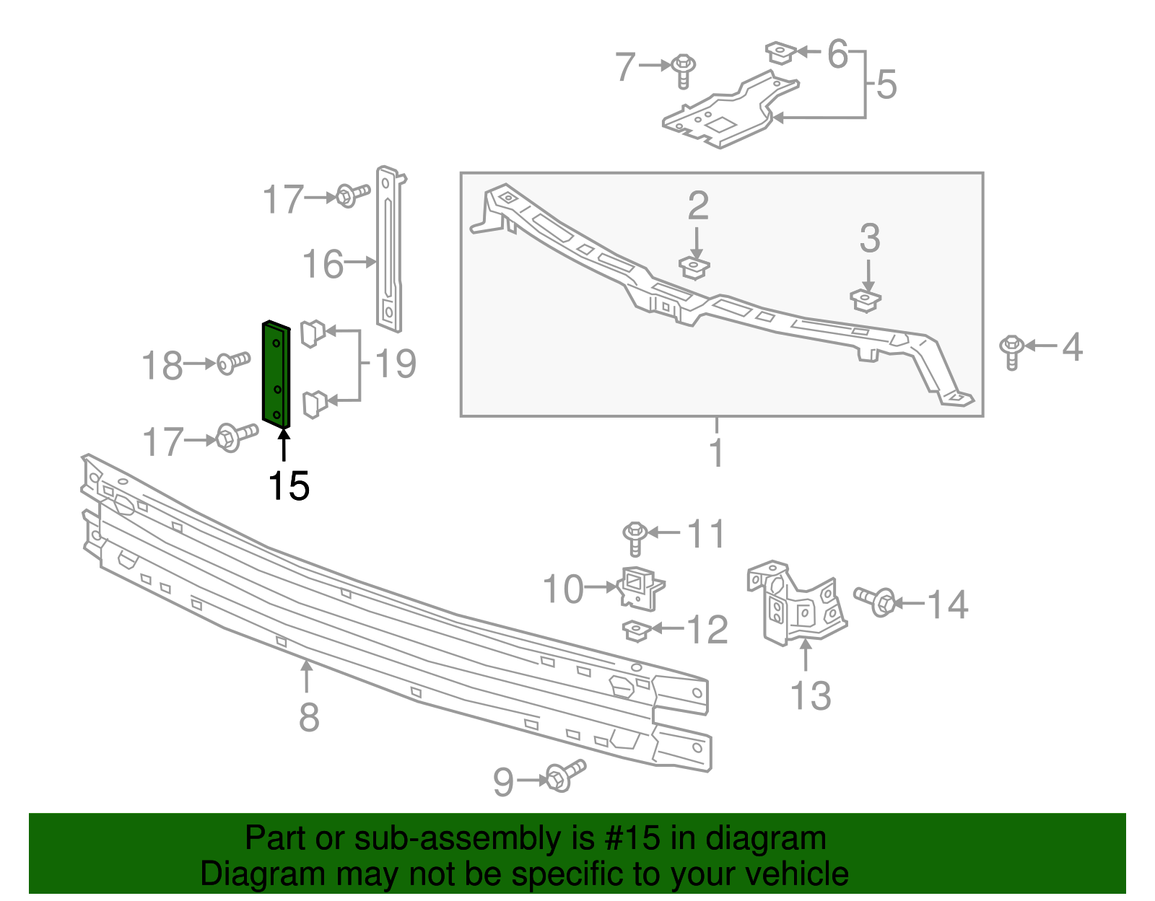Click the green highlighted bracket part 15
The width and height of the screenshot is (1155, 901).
point(276,374)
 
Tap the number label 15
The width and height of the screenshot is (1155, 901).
point(288,486)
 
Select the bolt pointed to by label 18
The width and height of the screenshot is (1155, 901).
point(233,362)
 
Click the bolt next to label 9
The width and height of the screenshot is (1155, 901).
point(565,776)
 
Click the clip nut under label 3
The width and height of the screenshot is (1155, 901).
point(866,299)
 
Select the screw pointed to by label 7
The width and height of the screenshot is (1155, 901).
point(683,70)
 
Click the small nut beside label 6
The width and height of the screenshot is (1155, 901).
point(780,53)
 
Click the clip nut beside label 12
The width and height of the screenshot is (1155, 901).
point(637,631)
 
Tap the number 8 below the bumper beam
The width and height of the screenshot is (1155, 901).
point(309,717)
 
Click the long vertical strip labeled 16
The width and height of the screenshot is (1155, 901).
point(388,249)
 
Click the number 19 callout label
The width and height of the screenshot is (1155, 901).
point(395,364)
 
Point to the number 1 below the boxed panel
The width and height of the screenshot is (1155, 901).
point(716,452)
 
